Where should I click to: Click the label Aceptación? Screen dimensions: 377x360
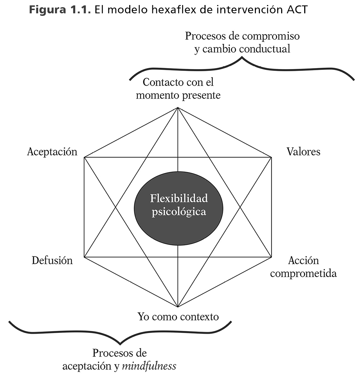click(x=52, y=152)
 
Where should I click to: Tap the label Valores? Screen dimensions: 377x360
click(x=303, y=151)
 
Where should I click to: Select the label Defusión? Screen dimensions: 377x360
click(x=52, y=260)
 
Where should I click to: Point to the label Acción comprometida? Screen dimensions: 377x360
click(x=303, y=266)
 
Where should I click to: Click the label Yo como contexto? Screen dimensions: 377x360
click(x=178, y=317)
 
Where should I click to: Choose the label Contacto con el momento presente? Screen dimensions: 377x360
click(x=178, y=89)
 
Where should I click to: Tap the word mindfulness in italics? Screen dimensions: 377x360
click(x=149, y=366)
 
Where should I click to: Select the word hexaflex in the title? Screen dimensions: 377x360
click(x=170, y=9)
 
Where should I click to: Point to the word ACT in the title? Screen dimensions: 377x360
click(x=297, y=9)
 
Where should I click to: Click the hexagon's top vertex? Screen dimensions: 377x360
click(x=178, y=108)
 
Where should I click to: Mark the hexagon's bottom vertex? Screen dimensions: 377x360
click(x=178, y=307)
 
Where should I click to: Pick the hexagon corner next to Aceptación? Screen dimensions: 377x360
click(x=84, y=157)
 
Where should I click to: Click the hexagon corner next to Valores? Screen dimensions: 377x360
click(x=271, y=157)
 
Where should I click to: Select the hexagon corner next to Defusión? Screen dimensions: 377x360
click(x=84, y=257)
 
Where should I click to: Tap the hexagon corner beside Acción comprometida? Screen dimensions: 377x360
click(x=271, y=257)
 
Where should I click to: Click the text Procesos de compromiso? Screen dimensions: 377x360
click(x=242, y=36)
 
